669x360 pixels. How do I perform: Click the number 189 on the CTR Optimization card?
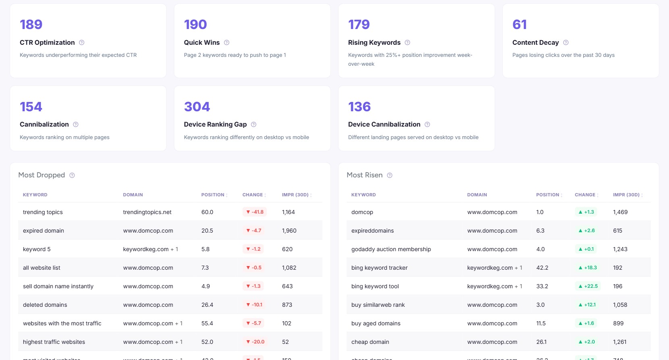(x=31, y=25)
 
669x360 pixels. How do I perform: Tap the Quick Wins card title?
(x=202, y=42)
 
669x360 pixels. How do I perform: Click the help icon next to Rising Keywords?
(x=407, y=42)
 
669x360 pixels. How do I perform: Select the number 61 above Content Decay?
(x=519, y=25)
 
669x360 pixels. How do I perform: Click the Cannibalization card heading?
(x=44, y=124)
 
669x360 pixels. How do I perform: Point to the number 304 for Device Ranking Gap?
(x=197, y=107)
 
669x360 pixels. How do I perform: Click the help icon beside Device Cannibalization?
(x=427, y=124)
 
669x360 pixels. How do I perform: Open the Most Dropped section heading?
(x=42, y=175)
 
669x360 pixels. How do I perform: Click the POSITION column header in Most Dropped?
(x=213, y=195)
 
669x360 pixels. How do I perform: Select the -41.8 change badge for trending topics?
(x=255, y=212)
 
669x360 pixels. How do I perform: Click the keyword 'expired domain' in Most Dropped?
(x=44, y=231)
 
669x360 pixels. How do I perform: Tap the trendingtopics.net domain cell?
(x=147, y=212)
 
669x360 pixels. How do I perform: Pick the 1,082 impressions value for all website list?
(x=289, y=268)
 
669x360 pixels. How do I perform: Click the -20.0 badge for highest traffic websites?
(x=255, y=342)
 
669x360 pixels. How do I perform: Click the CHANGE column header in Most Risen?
(x=585, y=195)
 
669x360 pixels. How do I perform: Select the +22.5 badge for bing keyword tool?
(x=588, y=286)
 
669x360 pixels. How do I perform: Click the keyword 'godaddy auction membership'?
(x=391, y=249)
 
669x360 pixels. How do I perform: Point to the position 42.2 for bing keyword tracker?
(x=542, y=268)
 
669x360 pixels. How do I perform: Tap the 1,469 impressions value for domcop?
(x=620, y=212)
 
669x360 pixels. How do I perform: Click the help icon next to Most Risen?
(x=390, y=175)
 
